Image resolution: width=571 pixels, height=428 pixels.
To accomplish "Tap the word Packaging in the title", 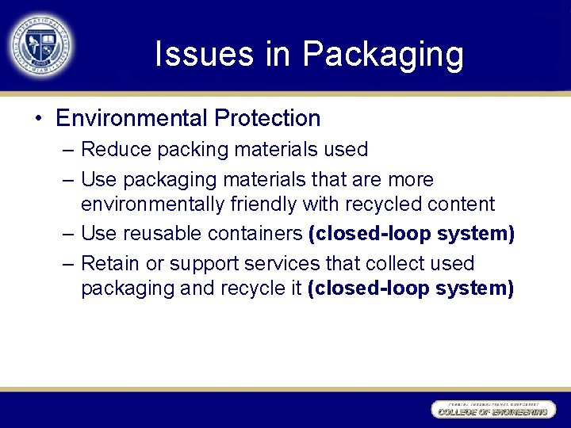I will click(x=383, y=55).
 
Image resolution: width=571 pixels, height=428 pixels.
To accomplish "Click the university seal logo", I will click(x=41, y=44).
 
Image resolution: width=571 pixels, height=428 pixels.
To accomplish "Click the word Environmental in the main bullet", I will click(x=131, y=119).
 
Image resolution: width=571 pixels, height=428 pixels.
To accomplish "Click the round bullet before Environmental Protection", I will click(x=38, y=119).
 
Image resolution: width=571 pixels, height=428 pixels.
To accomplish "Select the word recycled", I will click(x=381, y=204).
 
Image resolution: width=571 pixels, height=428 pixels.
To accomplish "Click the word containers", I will click(x=255, y=234).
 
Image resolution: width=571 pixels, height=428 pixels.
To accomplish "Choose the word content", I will click(x=461, y=204).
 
